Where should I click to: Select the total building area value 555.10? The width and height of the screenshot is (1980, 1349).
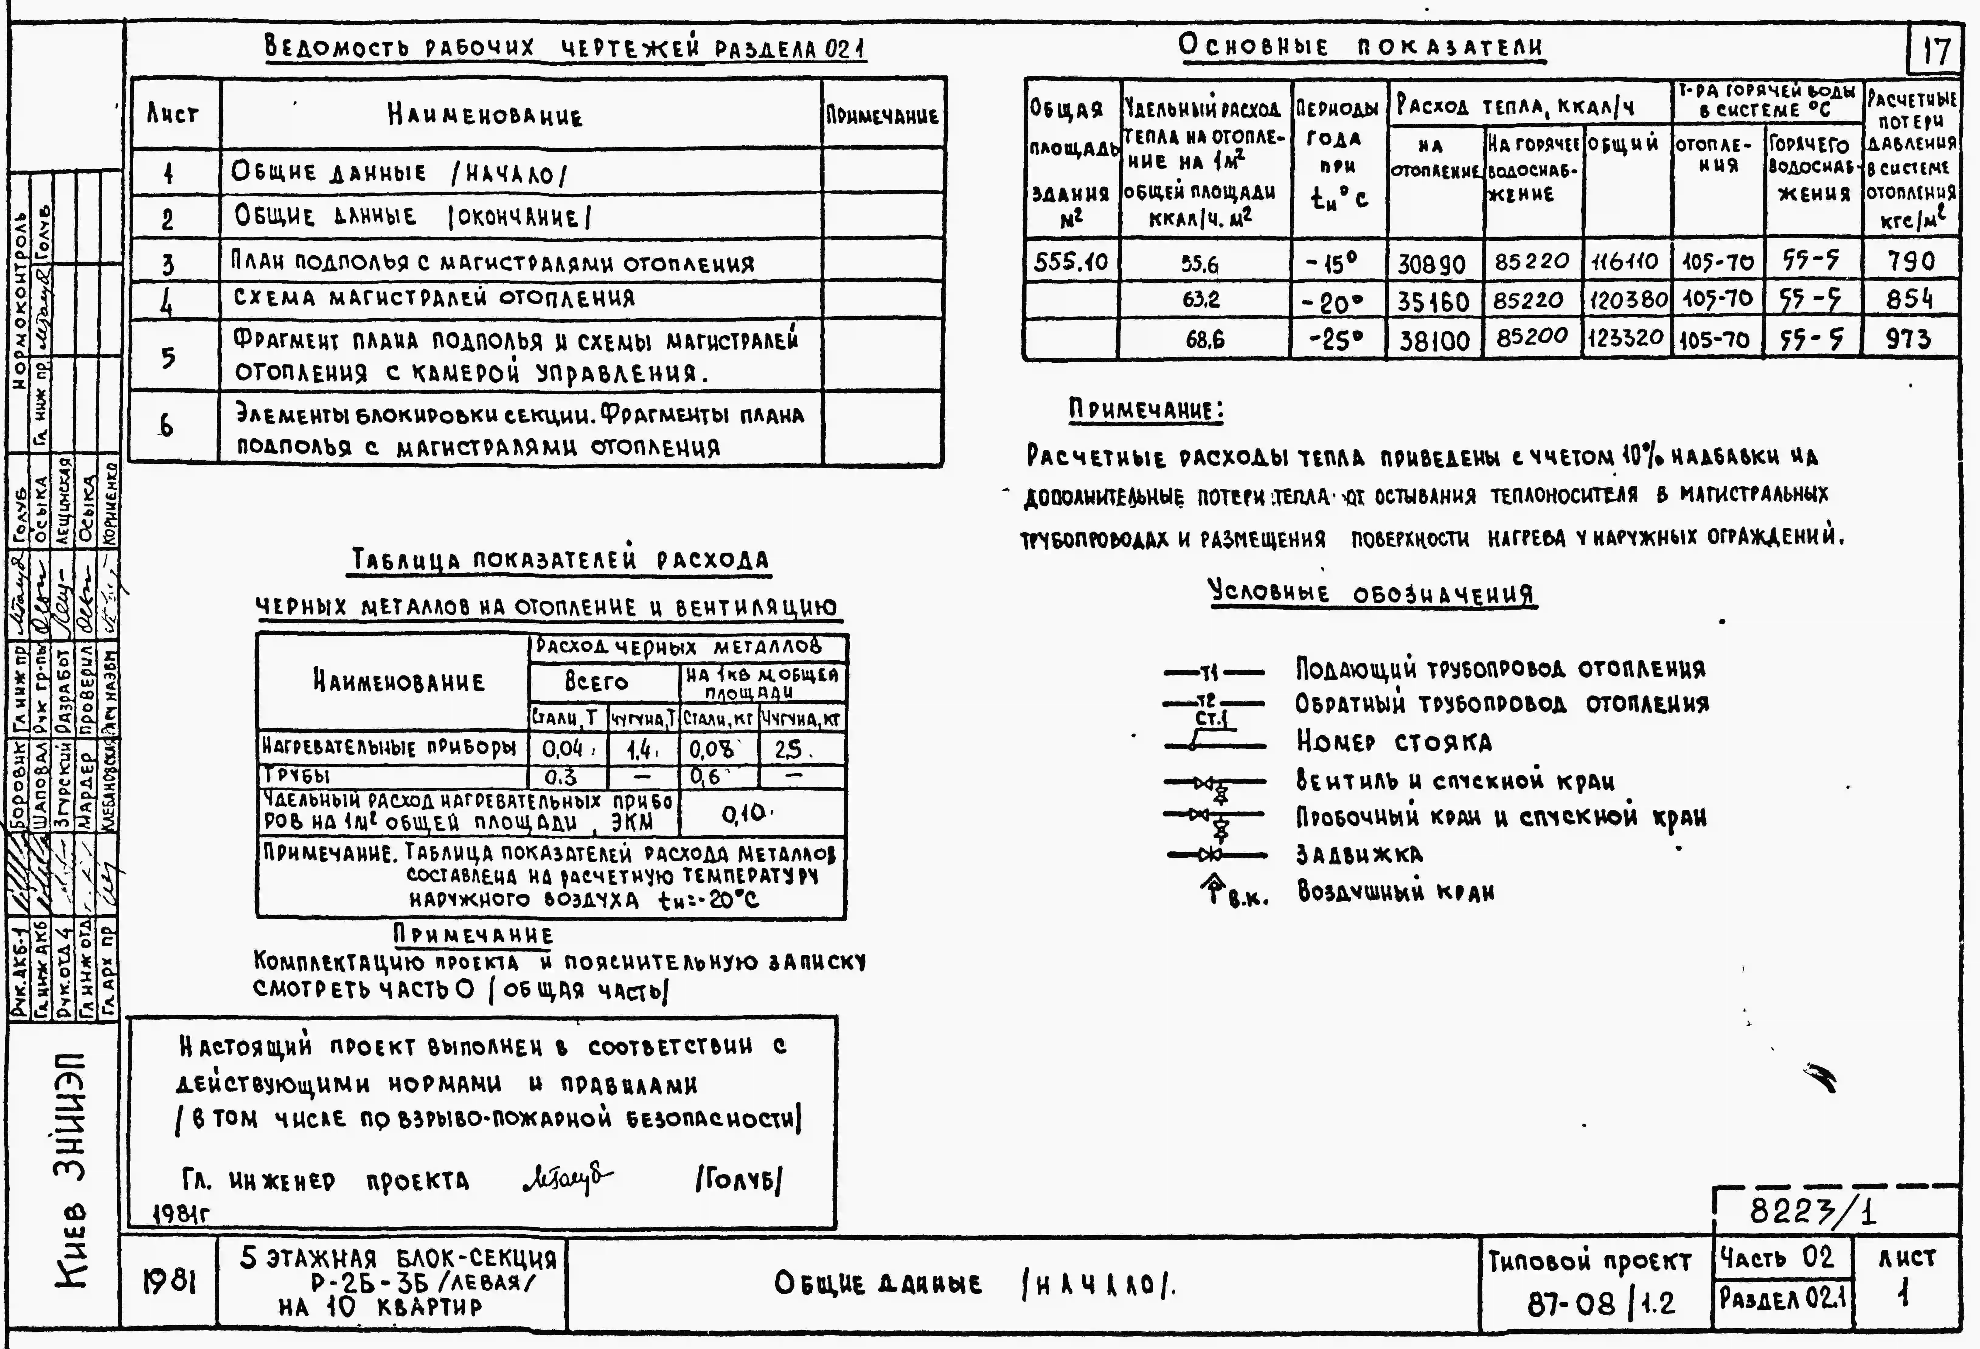pyautogui.click(x=1070, y=261)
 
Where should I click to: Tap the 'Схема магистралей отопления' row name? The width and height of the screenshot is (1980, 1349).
pyautogui.click(x=435, y=298)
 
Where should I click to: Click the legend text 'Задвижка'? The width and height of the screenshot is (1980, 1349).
pyautogui.click(x=1358, y=854)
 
